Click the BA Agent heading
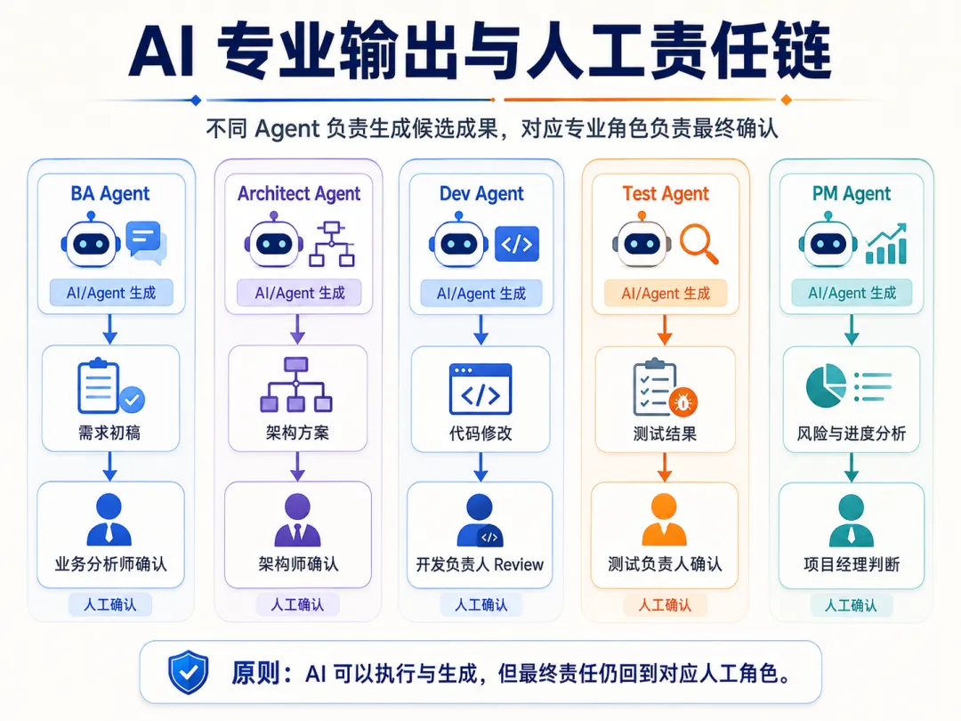point(110,194)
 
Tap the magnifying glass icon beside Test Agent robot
point(699,244)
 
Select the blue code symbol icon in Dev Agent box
point(517,244)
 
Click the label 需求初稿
point(109,433)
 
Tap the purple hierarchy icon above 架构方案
point(296,385)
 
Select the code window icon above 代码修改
point(480,389)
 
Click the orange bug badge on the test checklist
point(682,402)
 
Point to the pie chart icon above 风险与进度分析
point(826,385)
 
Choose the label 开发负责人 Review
point(480,564)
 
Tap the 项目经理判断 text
point(852,564)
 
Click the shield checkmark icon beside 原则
point(189,673)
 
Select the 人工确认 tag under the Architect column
point(297,605)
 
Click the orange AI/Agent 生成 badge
point(666,294)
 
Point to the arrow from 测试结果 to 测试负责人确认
point(665,467)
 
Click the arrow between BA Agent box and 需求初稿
point(110,329)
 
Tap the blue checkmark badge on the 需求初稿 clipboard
point(131,400)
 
